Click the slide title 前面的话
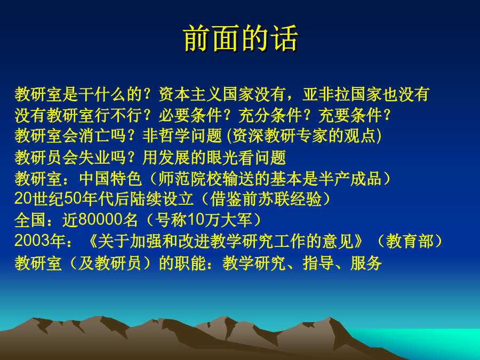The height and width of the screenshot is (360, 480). tap(241, 38)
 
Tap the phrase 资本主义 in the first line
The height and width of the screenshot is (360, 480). tap(190, 94)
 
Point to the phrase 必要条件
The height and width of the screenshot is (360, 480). tap(190, 115)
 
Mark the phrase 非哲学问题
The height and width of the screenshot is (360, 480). tap(182, 135)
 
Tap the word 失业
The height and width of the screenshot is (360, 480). tap(94, 158)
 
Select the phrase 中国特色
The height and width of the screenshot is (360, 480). tap(110, 179)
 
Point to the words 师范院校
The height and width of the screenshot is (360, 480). tap(190, 179)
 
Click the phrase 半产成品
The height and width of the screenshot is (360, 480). tap(349, 179)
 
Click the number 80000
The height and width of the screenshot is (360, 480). tap(100, 220)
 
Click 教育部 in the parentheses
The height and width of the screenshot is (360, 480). tap(410, 241)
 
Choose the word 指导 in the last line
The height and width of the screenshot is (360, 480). tap(318, 263)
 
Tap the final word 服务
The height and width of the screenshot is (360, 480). tap(366, 263)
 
